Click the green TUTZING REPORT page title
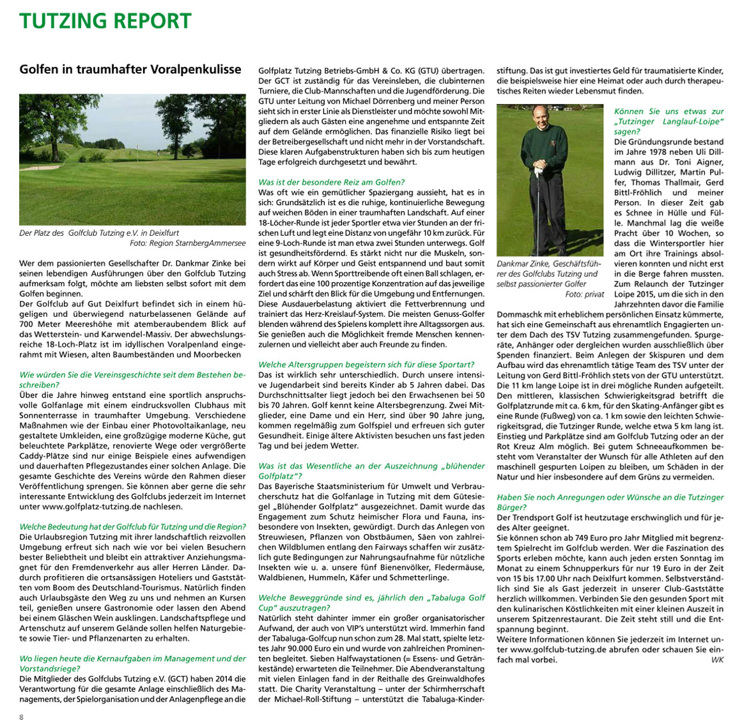[105, 21]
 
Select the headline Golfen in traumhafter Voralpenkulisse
[130, 69]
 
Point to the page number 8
[21, 716]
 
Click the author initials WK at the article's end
[716, 659]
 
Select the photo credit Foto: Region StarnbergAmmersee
[187, 243]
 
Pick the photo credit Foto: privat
[584, 294]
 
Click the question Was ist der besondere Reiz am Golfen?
[331, 182]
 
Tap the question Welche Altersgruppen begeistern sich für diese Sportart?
[366, 364]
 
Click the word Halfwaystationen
[343, 659]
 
